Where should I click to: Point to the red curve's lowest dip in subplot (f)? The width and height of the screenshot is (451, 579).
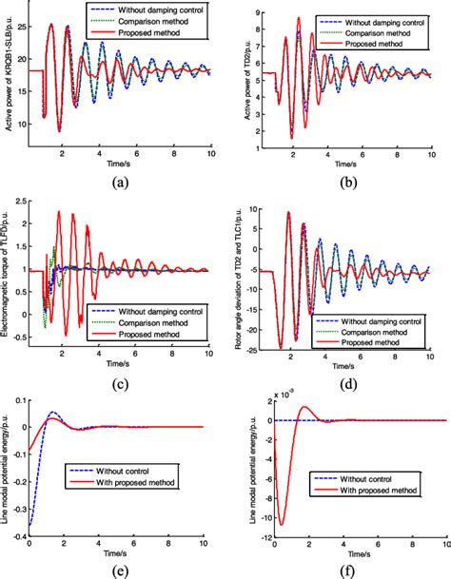pos(281,523)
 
